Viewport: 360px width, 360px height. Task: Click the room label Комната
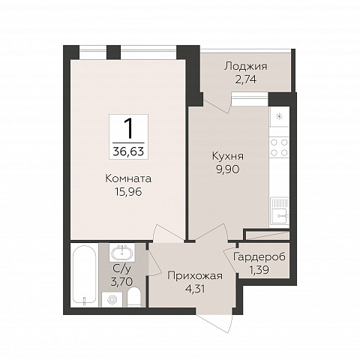click(128, 178)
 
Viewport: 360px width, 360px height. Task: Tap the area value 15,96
click(128, 192)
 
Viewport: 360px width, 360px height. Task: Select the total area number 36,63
click(128, 151)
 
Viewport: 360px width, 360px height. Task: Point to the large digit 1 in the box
click(129, 128)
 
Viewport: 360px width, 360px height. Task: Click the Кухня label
click(228, 156)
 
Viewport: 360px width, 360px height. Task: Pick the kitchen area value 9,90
click(228, 169)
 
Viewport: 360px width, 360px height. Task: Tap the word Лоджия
click(246, 67)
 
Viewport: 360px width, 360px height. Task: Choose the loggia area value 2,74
click(246, 79)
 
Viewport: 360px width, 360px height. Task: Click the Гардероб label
click(259, 257)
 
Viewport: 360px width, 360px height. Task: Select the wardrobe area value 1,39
click(259, 270)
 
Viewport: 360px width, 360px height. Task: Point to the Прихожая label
click(195, 276)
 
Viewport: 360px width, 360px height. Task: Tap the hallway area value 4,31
click(195, 289)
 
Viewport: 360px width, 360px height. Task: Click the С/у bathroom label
click(121, 268)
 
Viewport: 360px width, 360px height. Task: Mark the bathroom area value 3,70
click(121, 282)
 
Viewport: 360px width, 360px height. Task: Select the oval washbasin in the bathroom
click(122, 253)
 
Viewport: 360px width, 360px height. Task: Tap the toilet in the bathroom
click(134, 297)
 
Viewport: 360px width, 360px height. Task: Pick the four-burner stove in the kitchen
click(279, 147)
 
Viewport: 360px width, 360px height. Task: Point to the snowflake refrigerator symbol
click(279, 116)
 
